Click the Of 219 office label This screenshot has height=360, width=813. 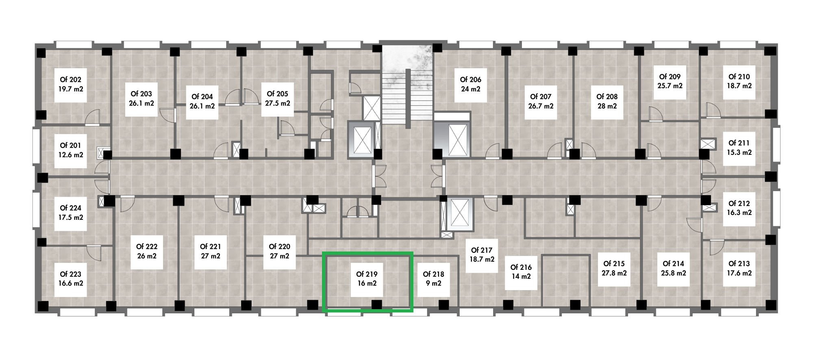point(367,274)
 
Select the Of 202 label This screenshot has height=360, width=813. point(71,80)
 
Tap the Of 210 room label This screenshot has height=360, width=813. point(739,77)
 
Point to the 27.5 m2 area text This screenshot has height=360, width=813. point(278,103)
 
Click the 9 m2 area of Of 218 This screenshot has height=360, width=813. point(433,283)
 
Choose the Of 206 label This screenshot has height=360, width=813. point(471,80)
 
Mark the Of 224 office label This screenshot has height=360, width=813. point(71,208)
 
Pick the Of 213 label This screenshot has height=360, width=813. point(739,264)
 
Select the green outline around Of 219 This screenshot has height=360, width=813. point(367,253)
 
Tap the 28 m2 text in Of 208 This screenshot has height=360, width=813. point(607,106)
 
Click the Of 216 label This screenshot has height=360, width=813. point(521,267)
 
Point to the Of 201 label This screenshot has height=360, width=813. point(71,145)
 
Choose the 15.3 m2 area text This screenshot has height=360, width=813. point(739,152)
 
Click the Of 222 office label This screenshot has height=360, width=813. point(147,247)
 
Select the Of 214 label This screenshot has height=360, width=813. point(673,264)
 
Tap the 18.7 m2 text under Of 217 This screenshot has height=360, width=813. point(482,259)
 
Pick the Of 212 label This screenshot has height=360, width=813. point(739,204)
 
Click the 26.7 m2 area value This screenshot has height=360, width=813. point(541,106)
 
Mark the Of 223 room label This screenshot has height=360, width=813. point(71,274)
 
